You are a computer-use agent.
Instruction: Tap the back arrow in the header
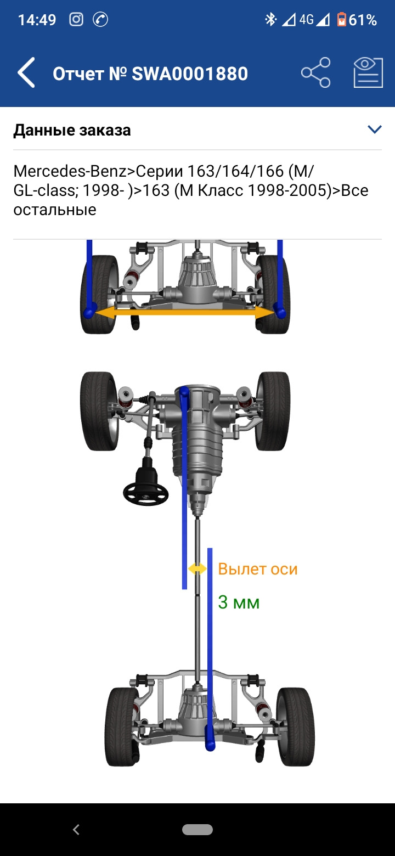coord(26,72)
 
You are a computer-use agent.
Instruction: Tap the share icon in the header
coord(316,72)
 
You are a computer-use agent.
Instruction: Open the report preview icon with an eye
coord(368,72)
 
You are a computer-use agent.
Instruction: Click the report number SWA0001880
coord(190,74)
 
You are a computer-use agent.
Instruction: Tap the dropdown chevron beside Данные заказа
coord(374,129)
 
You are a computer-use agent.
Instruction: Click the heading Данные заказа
coord(72,130)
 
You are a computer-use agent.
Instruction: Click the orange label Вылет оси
coord(257,569)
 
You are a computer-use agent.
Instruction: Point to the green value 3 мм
coord(239,602)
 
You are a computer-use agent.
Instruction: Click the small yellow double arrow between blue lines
coord(197,568)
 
